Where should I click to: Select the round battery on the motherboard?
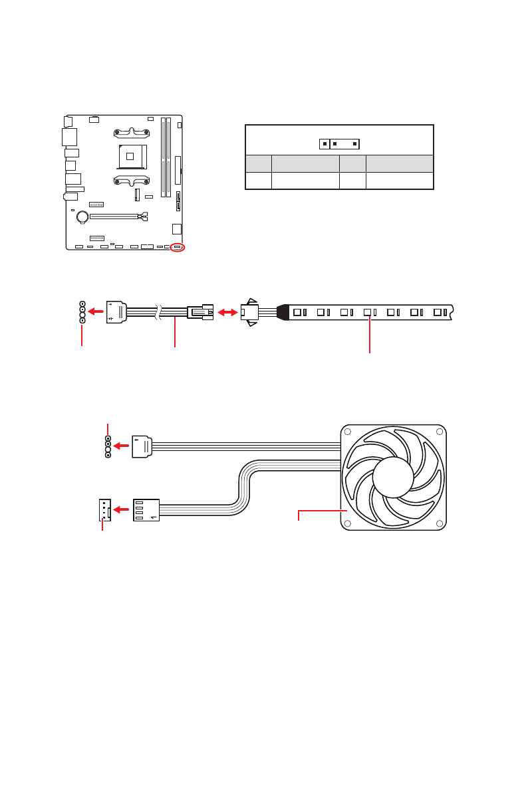coord(82,216)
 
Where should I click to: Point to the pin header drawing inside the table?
coord(339,143)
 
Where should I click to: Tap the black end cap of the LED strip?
coord(283,311)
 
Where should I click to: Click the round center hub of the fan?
coord(393,478)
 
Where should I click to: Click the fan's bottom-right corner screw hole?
coord(439,523)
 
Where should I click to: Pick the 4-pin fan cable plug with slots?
coord(146,509)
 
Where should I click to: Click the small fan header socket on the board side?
coord(103,509)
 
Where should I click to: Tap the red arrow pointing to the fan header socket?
coord(121,509)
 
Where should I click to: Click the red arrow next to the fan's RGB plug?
coord(122,446)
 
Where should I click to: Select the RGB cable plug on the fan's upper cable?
coord(142,446)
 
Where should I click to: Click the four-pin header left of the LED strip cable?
coord(82,311)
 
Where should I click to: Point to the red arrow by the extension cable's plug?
coord(96,310)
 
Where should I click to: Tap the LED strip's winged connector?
coord(250,311)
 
